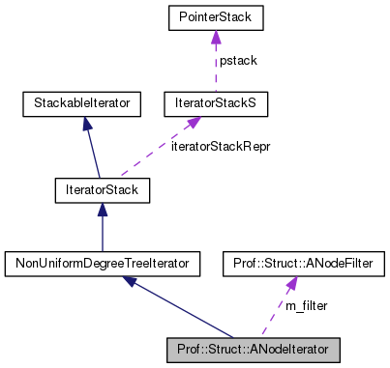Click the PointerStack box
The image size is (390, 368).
coord(215,18)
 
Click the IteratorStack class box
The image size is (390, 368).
coord(102,190)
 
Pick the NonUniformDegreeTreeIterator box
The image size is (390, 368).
coord(102,262)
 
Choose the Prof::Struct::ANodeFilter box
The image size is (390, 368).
coord(288,262)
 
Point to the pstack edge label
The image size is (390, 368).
coord(238,60)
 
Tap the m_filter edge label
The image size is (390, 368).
coord(307,305)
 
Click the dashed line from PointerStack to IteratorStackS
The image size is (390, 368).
coord(215,68)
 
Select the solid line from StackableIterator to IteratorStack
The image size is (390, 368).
coord(93,150)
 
